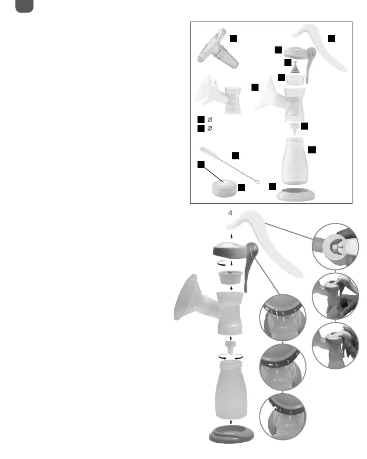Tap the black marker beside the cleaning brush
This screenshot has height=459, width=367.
coord(235,156)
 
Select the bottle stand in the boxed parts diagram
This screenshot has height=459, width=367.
coord(296,194)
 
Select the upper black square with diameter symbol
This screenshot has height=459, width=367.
coord(201,119)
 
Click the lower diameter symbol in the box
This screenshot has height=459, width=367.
coord(209,129)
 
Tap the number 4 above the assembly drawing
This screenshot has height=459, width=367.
coord(230,213)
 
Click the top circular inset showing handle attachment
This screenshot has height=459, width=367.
coord(335,246)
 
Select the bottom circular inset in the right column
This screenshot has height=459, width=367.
coord(335,346)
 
